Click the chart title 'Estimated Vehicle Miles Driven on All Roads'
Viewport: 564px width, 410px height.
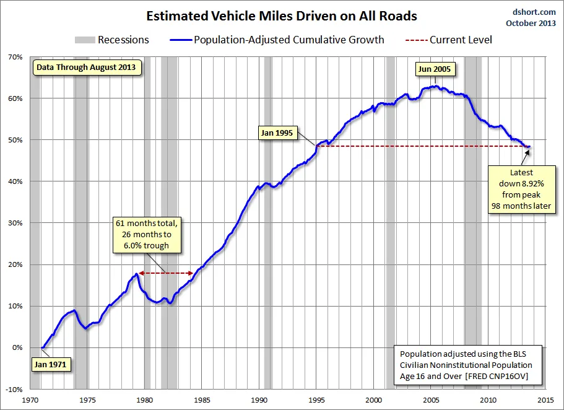tap(282, 16)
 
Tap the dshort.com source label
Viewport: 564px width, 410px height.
tap(534, 12)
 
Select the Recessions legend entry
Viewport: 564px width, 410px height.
tap(112, 40)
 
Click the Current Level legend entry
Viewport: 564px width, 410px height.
tap(449, 40)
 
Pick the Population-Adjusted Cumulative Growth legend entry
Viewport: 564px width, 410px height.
tap(277, 40)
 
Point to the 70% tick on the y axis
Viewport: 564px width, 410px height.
tap(15, 57)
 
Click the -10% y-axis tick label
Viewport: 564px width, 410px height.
tap(14, 389)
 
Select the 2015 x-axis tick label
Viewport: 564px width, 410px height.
tap(545, 400)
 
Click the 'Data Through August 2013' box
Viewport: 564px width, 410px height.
tap(86, 68)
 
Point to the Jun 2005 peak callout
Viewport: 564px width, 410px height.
tap(435, 69)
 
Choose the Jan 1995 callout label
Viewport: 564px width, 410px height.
tap(277, 133)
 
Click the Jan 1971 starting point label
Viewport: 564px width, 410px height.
tap(50, 364)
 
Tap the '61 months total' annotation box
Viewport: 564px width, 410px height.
tap(147, 235)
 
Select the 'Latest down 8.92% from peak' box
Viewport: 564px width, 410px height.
tap(521, 190)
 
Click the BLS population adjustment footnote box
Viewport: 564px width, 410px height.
tap(467, 365)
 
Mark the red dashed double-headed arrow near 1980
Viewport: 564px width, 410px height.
tap(166, 273)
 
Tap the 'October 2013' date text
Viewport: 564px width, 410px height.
tap(531, 23)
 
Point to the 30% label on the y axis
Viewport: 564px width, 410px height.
tap(15, 223)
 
